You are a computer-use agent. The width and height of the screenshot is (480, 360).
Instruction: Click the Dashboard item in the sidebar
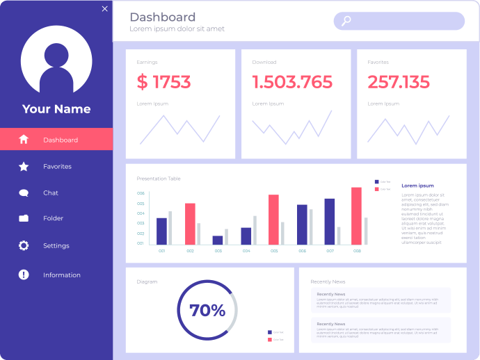pyautogui.click(x=60, y=140)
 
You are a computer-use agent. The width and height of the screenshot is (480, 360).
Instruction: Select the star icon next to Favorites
pyautogui.click(x=24, y=167)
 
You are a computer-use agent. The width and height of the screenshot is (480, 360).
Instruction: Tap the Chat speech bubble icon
pyautogui.click(x=24, y=193)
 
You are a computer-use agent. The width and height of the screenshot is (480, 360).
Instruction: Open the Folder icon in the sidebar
pyautogui.click(x=24, y=218)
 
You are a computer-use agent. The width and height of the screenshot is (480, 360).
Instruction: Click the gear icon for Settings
pyautogui.click(x=24, y=245)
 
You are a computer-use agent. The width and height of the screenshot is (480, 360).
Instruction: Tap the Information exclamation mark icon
pyautogui.click(x=24, y=275)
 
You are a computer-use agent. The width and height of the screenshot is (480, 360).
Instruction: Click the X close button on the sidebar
pyautogui.click(x=105, y=9)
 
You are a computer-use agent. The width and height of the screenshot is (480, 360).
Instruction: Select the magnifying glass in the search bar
pyautogui.click(x=346, y=21)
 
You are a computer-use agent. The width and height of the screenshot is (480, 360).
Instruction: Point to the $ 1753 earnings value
pyautogui.click(x=163, y=83)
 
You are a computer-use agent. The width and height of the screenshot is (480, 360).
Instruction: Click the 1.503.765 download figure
pyautogui.click(x=292, y=83)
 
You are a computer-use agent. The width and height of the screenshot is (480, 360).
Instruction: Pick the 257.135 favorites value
pyautogui.click(x=399, y=83)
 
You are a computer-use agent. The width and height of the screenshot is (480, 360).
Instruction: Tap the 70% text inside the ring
pyautogui.click(x=207, y=311)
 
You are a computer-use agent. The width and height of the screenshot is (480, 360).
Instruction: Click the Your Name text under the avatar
pyautogui.click(x=56, y=109)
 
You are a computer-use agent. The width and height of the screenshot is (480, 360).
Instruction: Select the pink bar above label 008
pyautogui.click(x=356, y=215)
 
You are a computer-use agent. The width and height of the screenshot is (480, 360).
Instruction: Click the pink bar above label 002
pyautogui.click(x=190, y=223)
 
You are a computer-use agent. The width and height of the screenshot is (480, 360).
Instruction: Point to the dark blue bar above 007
pyautogui.click(x=330, y=221)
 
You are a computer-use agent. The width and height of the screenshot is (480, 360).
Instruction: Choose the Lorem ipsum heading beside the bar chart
pyautogui.click(x=417, y=186)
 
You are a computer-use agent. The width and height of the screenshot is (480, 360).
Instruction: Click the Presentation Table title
pyautogui.click(x=159, y=179)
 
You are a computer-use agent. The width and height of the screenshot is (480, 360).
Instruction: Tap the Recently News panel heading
pyautogui.click(x=328, y=281)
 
